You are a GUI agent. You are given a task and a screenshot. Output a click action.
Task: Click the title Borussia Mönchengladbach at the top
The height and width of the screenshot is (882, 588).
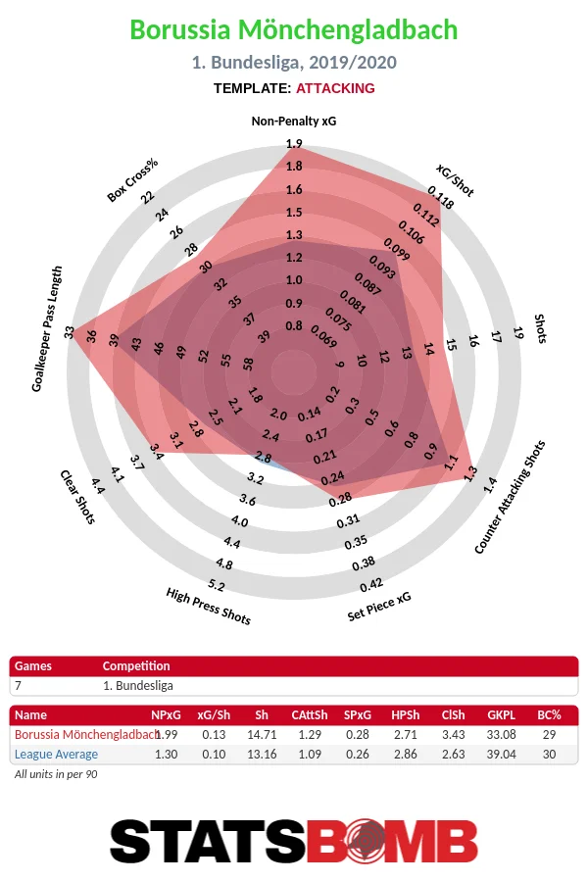pos(294,30)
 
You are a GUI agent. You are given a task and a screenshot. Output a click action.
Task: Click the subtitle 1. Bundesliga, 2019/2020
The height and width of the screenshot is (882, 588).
pos(294,63)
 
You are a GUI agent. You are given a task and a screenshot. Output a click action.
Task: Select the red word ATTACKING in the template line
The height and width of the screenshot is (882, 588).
pos(335,88)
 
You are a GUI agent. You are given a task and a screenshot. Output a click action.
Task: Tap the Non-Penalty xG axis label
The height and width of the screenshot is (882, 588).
pos(294,122)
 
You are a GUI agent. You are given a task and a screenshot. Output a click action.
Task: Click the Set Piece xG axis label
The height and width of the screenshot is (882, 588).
pos(379,608)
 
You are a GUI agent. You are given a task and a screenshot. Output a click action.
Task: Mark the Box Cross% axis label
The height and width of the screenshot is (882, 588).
pos(133,179)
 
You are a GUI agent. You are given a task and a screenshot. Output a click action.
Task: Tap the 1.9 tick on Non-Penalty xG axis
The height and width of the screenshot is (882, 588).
pos(294,144)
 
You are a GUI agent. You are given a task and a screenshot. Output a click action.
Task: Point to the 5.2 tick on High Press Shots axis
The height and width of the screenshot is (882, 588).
pos(217,586)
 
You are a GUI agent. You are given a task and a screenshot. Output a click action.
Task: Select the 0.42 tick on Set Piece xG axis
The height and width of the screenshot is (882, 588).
pos(371,586)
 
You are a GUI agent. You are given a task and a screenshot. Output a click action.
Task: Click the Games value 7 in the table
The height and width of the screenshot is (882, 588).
pos(19,686)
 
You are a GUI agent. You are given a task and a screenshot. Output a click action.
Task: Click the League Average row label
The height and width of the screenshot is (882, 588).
pos(56,755)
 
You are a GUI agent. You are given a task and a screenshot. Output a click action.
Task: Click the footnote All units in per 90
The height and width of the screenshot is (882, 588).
pos(56,774)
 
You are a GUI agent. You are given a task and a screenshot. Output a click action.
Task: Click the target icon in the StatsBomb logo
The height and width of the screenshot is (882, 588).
pos(364,841)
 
